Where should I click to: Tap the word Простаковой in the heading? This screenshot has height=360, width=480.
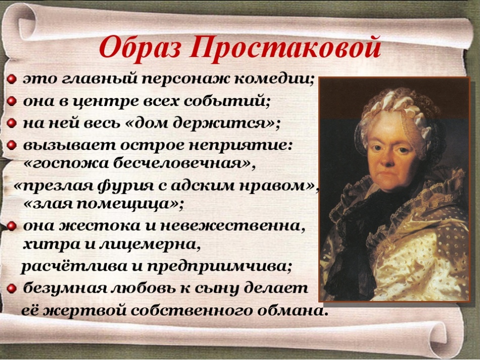[x=284, y=47]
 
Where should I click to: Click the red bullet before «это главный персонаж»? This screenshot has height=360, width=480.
[x=11, y=80]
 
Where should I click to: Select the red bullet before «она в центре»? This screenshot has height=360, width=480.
[x=11, y=101]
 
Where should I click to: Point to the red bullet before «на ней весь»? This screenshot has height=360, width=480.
[x=11, y=123]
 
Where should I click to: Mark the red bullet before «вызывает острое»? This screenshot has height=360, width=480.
[x=11, y=145]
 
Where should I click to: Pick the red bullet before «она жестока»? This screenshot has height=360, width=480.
[x=11, y=226]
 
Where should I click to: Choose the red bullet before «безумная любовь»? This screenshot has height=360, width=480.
[x=11, y=288]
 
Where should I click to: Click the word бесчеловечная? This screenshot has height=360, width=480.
[x=181, y=164]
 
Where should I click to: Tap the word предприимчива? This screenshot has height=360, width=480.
[x=218, y=267]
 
